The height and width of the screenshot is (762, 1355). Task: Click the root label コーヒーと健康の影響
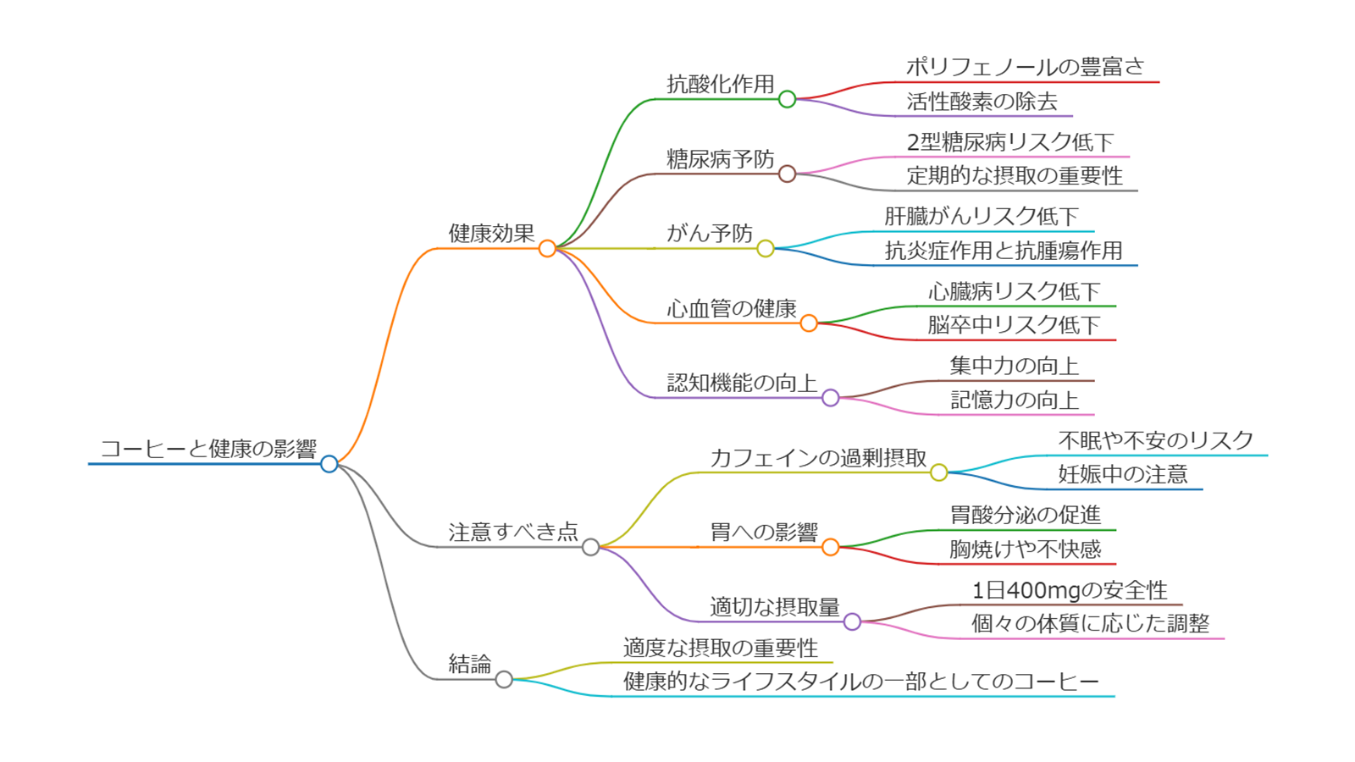pyautogui.click(x=208, y=449)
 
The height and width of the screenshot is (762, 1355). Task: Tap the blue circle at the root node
pyautogui.click(x=329, y=464)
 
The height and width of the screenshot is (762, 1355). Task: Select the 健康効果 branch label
pyautogui.click(x=491, y=234)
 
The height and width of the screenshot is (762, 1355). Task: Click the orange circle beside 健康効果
pyautogui.click(x=547, y=248)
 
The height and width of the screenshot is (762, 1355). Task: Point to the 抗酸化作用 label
pyautogui.click(x=720, y=84)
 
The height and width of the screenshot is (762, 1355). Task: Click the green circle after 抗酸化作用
pyautogui.click(x=787, y=99)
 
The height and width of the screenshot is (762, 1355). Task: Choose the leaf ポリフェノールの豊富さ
pyautogui.click(x=1025, y=67)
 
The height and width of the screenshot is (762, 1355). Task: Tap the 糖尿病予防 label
pyautogui.click(x=720, y=159)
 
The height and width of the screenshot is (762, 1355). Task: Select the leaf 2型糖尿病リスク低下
pyautogui.click(x=1009, y=142)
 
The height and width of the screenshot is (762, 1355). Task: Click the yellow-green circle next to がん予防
pyautogui.click(x=766, y=248)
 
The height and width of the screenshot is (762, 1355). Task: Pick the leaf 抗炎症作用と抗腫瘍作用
pyautogui.click(x=1004, y=251)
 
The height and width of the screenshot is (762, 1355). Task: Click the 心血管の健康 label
pyautogui.click(x=731, y=308)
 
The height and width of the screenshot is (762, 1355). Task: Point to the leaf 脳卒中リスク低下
pyautogui.click(x=1014, y=325)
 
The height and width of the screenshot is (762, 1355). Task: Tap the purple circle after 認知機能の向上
pyautogui.click(x=831, y=398)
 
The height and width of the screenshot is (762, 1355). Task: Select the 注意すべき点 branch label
pyautogui.click(x=513, y=532)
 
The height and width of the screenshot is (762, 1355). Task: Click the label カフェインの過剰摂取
pyautogui.click(x=818, y=458)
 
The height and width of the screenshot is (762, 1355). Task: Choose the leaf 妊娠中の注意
pyautogui.click(x=1123, y=474)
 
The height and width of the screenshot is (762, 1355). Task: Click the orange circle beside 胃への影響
pyautogui.click(x=831, y=547)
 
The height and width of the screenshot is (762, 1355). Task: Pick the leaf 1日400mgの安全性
pyautogui.click(x=1069, y=590)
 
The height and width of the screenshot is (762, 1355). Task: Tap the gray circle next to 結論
pyautogui.click(x=504, y=679)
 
